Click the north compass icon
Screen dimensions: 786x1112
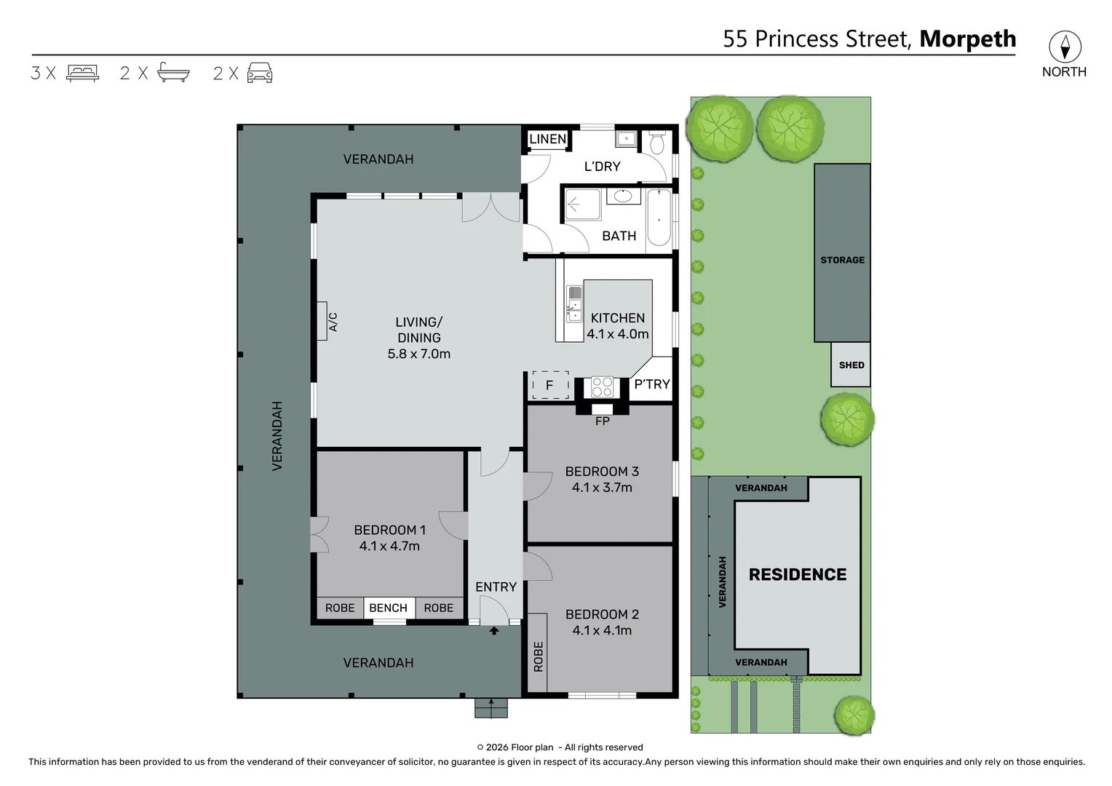(1064, 47)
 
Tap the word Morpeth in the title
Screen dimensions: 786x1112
(967, 39)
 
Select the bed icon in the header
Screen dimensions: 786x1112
(82, 73)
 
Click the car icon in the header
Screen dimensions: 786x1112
(260, 73)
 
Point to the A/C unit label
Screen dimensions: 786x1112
(332, 322)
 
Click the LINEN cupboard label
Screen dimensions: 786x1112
(547, 139)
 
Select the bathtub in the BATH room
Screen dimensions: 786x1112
(659, 218)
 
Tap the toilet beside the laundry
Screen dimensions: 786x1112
(656, 143)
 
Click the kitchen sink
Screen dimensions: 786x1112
(574, 303)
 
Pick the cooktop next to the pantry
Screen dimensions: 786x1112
(601, 386)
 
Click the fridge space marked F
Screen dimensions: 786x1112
(550, 385)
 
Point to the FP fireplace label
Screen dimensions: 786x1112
(602, 421)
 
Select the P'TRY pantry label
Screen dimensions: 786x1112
(651, 384)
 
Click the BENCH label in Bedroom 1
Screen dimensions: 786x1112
(388, 608)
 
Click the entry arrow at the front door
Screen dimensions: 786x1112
(494, 631)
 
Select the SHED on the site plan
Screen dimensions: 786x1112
(851, 365)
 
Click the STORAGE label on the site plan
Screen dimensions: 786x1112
(842, 260)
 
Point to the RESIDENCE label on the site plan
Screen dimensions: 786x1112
(797, 574)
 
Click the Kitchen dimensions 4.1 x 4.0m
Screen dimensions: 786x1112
(617, 334)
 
